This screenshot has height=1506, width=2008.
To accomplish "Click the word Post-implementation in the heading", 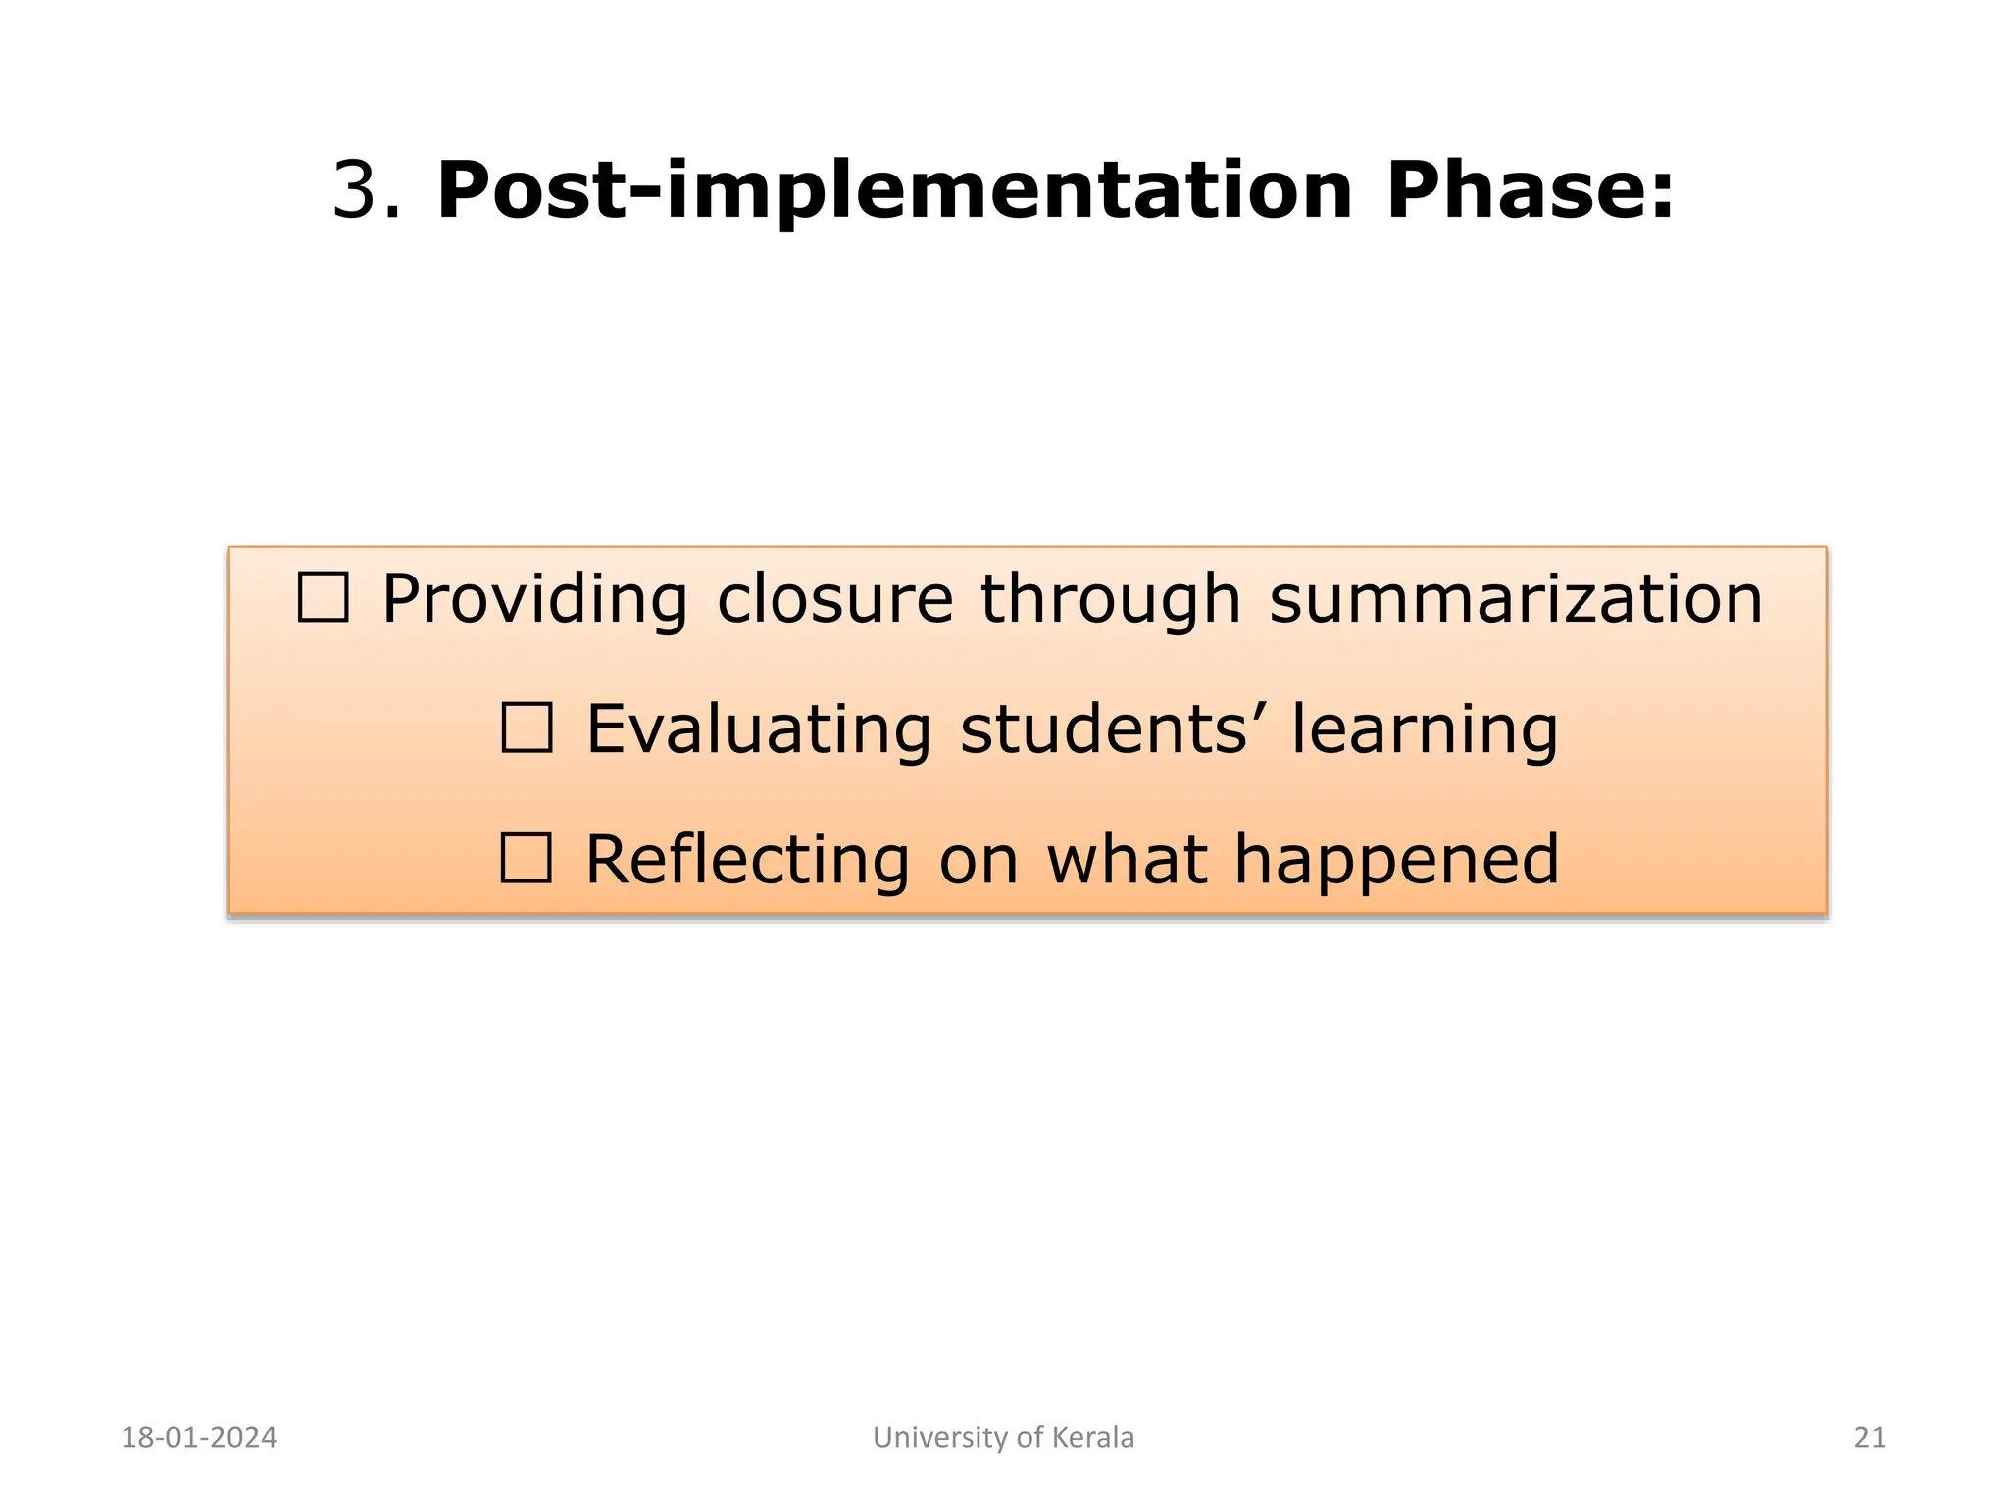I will (x=893, y=190).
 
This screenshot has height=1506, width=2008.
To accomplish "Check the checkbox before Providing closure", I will (x=323, y=598).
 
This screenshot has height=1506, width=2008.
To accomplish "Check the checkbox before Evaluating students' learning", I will (x=527, y=728).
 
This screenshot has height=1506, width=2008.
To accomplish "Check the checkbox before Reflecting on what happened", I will (x=526, y=859).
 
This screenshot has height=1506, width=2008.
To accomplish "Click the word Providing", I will (x=534, y=600).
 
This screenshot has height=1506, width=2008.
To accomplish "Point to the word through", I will (x=1110, y=600).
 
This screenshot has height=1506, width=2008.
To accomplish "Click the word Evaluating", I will (x=758, y=730).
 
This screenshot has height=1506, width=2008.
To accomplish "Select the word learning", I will (x=1424, y=730).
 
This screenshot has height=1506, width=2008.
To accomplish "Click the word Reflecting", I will (x=747, y=861).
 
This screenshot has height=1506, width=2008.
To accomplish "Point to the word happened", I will (x=1395, y=861).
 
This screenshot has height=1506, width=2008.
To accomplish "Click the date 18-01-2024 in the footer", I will (x=199, y=1437).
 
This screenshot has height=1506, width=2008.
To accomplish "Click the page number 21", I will (x=1870, y=1437).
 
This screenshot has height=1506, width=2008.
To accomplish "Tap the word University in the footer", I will (x=941, y=1437).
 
